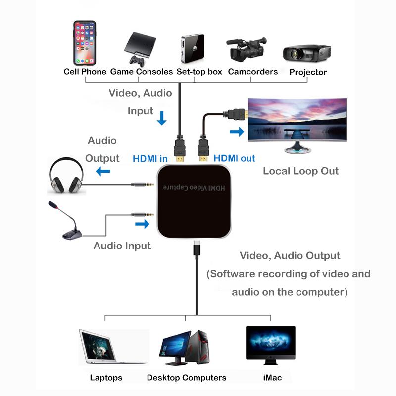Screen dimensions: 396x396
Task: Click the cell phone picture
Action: (x=85, y=43)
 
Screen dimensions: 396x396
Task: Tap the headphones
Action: (x=66, y=176)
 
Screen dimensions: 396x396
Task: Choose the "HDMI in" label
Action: (x=150, y=159)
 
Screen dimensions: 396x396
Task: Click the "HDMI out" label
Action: (x=235, y=158)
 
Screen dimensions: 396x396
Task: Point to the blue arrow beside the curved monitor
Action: (x=237, y=132)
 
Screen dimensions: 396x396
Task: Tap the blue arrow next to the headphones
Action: (x=103, y=171)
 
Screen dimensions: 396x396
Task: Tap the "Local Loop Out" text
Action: (x=300, y=171)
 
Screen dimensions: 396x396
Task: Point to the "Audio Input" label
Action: (x=122, y=246)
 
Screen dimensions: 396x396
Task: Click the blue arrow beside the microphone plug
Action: (x=142, y=224)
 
